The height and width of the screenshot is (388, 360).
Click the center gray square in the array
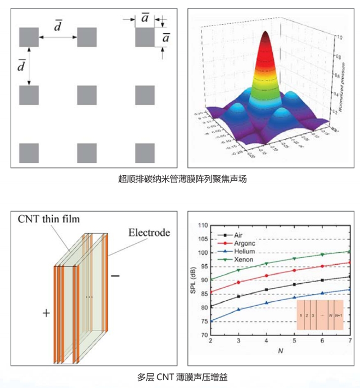[87, 94]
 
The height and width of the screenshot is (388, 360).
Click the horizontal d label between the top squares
[57, 25]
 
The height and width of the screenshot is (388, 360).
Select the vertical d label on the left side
[21, 66]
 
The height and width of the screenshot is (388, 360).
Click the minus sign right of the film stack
[115, 276]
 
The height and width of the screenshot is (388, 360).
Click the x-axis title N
[280, 351]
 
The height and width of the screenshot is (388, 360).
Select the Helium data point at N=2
[210, 321]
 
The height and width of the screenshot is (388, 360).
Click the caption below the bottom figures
[182, 376]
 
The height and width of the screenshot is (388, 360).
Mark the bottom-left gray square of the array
[29, 153]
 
